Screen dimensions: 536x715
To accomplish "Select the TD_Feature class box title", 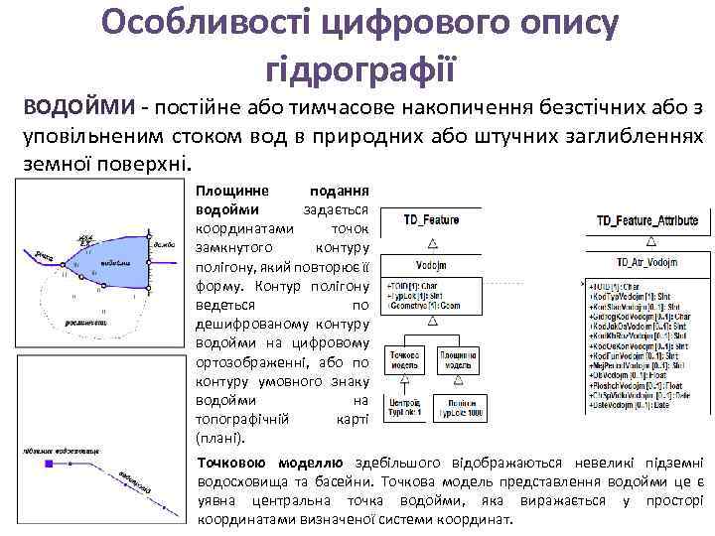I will pyautogui.click(x=430, y=218).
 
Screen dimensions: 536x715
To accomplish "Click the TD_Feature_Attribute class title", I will pyautogui.click(x=646, y=220).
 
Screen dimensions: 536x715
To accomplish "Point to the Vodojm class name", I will pyautogui.click(x=430, y=265).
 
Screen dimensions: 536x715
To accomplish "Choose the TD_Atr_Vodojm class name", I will pyautogui.click(x=646, y=263).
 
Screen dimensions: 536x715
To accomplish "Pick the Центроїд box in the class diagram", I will pyautogui.click(x=405, y=406).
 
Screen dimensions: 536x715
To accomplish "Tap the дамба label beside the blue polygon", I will pyautogui.click(x=164, y=244).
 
